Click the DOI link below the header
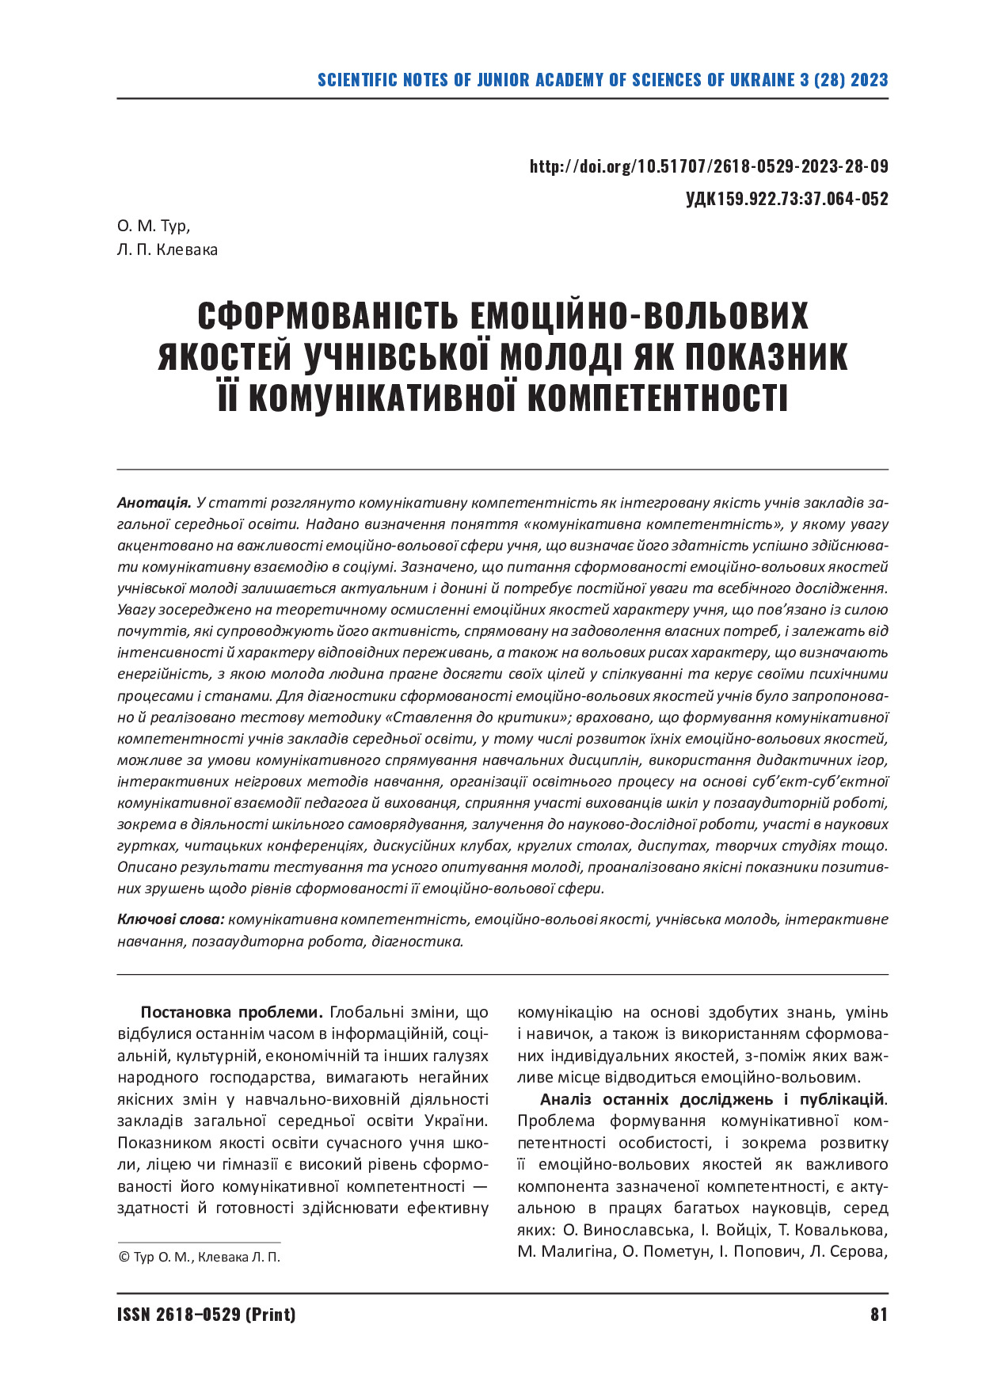tap(708, 167)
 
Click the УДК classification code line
tap(786, 199)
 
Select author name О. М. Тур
tap(154, 226)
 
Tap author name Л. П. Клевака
tap(166, 250)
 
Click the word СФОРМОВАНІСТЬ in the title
tap(326, 316)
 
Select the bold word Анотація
tap(154, 503)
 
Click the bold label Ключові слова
tap(171, 919)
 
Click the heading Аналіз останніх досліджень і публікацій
tap(712, 1099)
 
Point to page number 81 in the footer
tap(878, 1315)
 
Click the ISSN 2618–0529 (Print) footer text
tap(206, 1315)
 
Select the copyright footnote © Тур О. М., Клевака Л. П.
tap(199, 1257)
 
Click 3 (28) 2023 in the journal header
tap(844, 80)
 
